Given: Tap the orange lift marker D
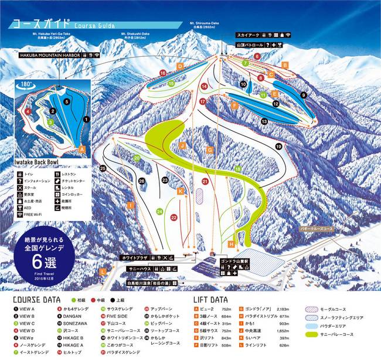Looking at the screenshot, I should [x=180, y=66].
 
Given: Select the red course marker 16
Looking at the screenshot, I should [x=162, y=73].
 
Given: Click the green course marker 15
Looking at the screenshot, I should [x=171, y=84].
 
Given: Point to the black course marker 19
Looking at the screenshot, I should [x=278, y=147].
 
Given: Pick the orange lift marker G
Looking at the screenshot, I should [x=209, y=150].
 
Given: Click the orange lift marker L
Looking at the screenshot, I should [x=103, y=271].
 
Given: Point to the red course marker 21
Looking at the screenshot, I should [x=205, y=182].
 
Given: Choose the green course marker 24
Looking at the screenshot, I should [x=159, y=211].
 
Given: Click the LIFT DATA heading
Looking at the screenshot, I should [x=210, y=299].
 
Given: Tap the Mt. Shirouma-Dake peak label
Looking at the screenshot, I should [x=202, y=24].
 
